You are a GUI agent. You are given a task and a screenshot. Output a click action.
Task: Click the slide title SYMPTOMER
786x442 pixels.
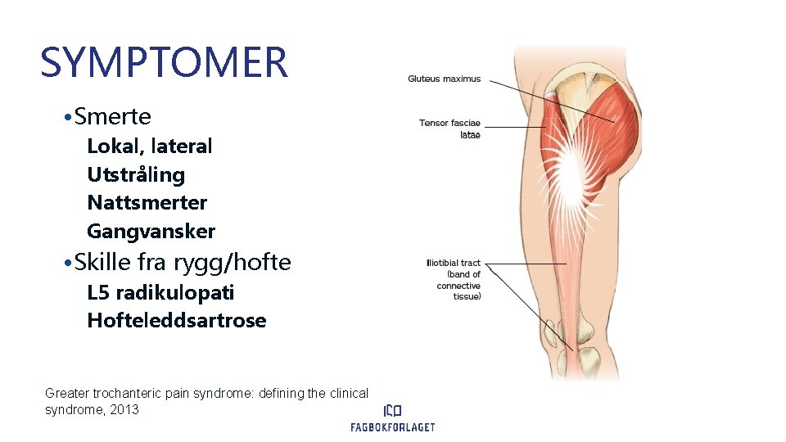164,62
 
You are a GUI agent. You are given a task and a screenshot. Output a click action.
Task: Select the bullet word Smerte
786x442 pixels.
112,117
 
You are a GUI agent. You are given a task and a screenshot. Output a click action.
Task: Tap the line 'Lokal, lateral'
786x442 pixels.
149,147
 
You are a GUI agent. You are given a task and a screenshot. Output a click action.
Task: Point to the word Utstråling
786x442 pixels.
136,174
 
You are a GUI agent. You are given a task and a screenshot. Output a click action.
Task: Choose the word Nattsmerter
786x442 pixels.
147,202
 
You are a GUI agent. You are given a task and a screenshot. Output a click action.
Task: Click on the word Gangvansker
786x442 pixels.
151,231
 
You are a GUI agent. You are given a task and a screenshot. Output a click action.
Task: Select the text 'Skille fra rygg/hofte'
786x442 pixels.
182,263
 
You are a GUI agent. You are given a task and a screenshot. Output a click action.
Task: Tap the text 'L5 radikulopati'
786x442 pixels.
160,292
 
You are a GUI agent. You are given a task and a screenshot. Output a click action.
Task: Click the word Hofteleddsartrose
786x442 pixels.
176,320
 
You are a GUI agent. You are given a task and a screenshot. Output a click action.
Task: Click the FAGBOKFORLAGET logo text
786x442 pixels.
392,426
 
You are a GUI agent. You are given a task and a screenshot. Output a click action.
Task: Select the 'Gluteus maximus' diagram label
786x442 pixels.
445,79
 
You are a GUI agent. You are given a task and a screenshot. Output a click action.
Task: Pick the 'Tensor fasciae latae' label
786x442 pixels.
449,129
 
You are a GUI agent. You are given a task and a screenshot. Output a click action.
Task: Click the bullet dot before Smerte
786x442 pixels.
65,118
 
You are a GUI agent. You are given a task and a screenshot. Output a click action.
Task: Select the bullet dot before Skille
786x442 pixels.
65,264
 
